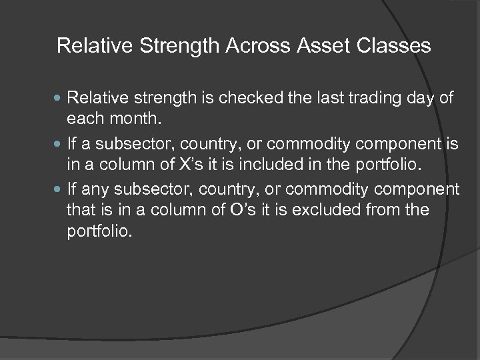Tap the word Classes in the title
point(399,46)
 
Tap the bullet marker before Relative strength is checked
point(61,99)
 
